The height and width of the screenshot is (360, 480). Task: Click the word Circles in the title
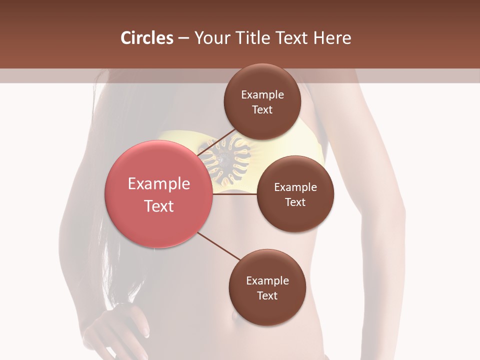click(146, 38)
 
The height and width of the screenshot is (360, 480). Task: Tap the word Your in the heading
click(210, 38)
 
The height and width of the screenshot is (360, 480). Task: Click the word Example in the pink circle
click(159, 184)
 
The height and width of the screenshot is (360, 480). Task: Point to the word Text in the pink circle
click(159, 206)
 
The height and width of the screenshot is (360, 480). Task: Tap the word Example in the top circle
click(262, 95)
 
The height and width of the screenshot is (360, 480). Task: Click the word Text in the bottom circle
click(267, 295)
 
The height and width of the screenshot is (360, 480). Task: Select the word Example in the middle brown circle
click(295, 187)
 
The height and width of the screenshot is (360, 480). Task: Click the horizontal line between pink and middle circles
click(235, 194)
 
